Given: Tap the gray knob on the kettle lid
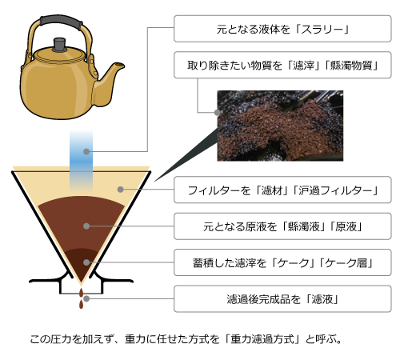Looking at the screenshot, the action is [59, 45].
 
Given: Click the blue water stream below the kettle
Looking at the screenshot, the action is [82, 161].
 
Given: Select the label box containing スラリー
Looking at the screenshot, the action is [282, 29].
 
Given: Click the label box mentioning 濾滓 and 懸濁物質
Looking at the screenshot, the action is [282, 65].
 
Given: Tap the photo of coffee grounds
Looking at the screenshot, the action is [280, 126].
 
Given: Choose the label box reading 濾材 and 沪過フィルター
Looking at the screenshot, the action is [282, 190].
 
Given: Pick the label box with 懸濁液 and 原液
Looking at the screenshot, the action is [282, 226].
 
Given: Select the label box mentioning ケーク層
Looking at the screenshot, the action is [282, 262].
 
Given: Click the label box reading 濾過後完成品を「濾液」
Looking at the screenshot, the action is [282, 298].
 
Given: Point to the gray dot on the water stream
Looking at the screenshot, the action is [86, 151].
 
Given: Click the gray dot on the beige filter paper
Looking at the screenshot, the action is [121, 190].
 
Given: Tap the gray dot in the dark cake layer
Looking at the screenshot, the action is [86, 262].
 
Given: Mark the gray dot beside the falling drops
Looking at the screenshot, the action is [86, 298].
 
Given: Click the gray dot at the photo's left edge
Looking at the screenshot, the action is [218, 112].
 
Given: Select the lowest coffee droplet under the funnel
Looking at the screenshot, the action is [81, 304].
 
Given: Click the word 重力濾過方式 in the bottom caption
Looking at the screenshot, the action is [263, 339].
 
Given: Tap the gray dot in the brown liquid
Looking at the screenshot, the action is [86, 226].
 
